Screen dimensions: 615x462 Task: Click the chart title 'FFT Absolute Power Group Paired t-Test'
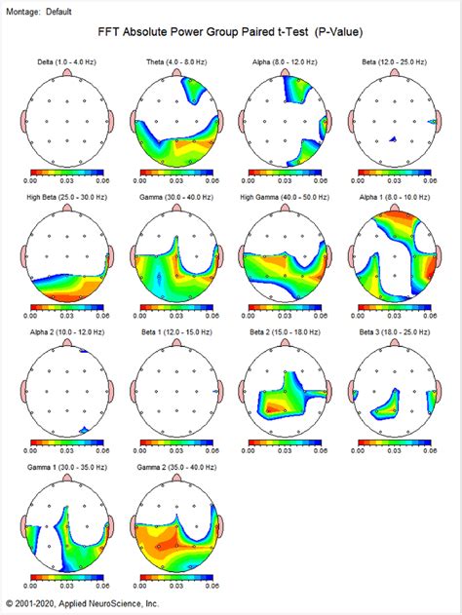click(230, 31)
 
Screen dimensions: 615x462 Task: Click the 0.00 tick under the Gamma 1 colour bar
click(30, 588)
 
